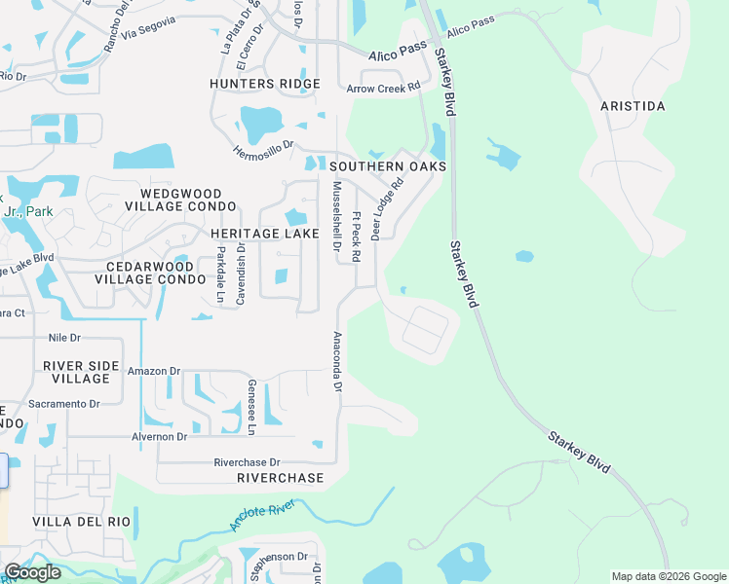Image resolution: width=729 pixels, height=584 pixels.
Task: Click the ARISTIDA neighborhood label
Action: tap(633, 105)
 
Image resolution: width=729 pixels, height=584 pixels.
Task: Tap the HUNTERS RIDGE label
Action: tap(265, 85)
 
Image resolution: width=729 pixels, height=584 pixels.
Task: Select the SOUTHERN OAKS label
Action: tap(388, 166)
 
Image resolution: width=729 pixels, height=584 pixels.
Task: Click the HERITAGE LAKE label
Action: tap(264, 234)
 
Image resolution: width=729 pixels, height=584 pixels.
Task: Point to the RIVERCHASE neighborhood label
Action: tap(280, 478)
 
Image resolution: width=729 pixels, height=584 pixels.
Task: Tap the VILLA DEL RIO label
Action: tap(81, 522)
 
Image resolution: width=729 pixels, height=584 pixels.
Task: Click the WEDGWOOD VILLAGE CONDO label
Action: tap(180, 201)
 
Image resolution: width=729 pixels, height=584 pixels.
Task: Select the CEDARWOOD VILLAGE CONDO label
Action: tap(150, 272)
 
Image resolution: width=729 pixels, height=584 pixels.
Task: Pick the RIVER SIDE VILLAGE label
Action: tap(83, 372)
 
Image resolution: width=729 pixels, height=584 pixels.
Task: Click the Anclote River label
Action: tap(262, 516)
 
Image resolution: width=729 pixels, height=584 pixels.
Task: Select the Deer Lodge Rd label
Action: tap(386, 209)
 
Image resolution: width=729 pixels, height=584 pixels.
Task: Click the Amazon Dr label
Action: tap(155, 371)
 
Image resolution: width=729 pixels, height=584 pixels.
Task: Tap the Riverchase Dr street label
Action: tap(247, 462)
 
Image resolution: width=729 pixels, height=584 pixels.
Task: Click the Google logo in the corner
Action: tap(32, 572)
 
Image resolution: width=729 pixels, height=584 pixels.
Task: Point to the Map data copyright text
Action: tap(668, 576)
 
